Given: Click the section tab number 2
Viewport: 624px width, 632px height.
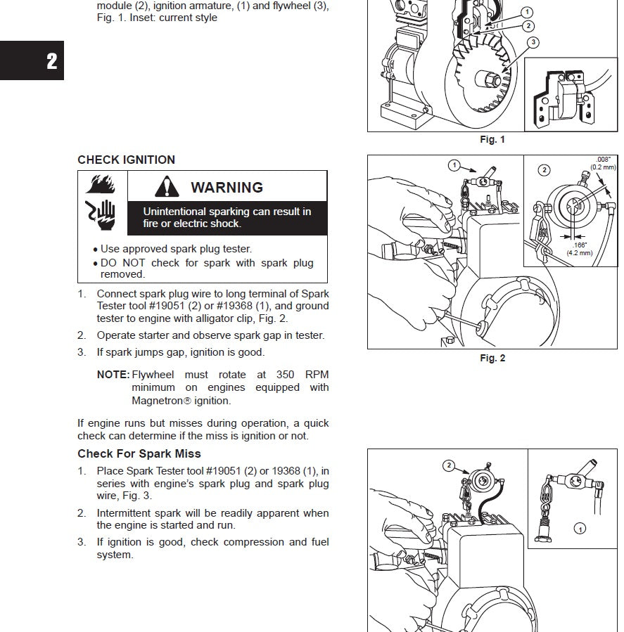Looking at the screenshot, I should (51, 61).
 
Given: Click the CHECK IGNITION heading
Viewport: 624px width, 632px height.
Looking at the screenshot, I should (126, 160).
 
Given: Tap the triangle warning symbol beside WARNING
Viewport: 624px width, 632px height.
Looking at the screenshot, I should (167, 187).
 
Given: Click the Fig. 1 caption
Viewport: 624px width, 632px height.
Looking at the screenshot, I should (492, 140).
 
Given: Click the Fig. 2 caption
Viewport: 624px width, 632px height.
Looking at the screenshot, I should (492, 359).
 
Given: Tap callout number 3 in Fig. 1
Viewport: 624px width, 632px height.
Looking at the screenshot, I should (533, 43).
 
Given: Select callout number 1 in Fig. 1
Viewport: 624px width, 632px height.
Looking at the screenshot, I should (528, 12).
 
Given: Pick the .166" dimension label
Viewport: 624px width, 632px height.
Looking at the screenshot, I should (580, 245).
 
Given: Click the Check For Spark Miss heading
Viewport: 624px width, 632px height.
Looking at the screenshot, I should (139, 453).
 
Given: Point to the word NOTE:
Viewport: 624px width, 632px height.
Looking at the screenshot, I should (113, 375).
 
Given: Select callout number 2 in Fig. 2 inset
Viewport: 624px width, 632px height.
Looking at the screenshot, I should (544, 169).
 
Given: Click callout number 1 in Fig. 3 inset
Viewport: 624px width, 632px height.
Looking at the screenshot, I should (580, 528).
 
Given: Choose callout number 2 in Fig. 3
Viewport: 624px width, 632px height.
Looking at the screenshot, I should (448, 465).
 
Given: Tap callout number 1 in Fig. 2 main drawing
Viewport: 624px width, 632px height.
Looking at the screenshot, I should (455, 165).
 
